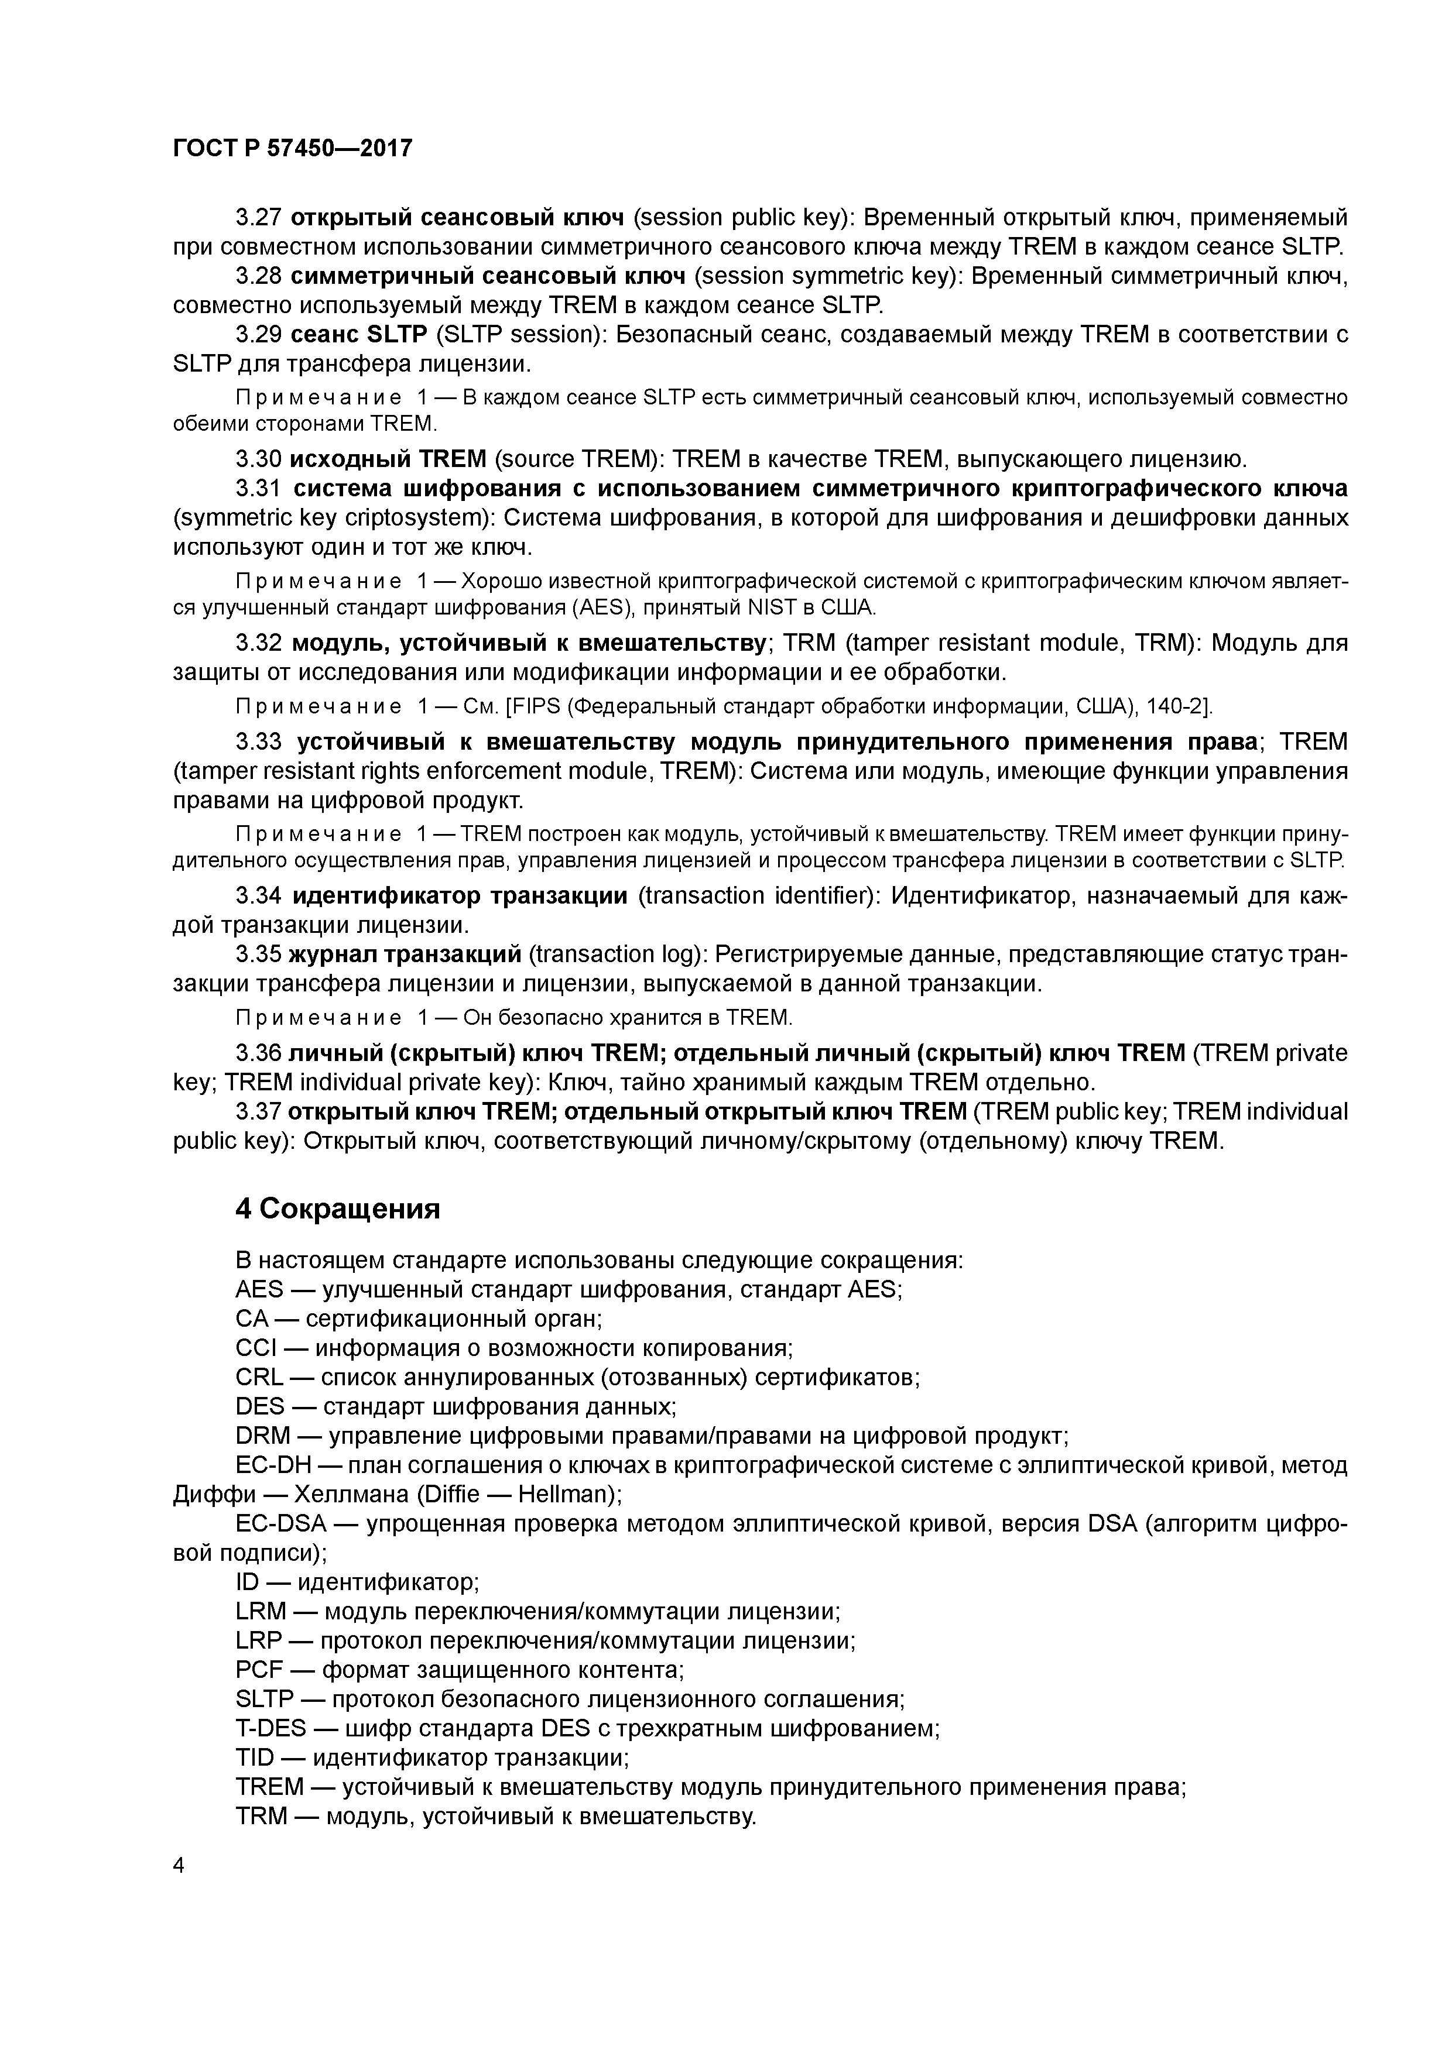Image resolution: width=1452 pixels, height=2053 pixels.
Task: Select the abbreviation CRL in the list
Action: [259, 1377]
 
